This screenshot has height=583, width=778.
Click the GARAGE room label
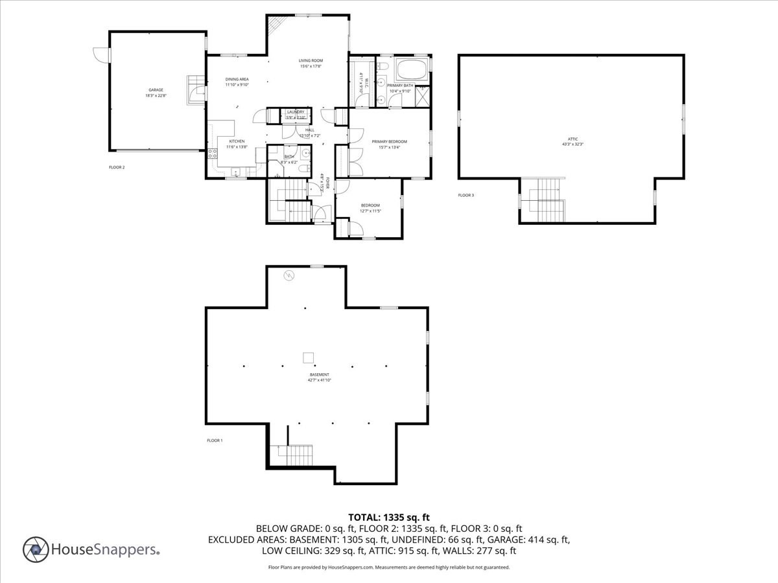coord(156,90)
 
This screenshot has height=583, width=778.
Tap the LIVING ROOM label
coord(311,60)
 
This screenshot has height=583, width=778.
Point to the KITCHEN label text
coord(236,141)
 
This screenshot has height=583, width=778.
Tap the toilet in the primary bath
coord(383,66)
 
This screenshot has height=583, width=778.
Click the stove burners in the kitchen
coord(211,154)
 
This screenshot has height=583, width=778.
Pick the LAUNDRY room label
coord(296,112)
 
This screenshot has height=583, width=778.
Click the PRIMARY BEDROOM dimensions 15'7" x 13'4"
coord(389,147)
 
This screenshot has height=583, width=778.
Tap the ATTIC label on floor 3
coord(572,139)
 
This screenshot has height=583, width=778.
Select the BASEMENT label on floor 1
coord(319,374)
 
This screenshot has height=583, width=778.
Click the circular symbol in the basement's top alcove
coord(288,276)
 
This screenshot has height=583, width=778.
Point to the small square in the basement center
coord(309,356)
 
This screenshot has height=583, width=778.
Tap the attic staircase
coord(548,198)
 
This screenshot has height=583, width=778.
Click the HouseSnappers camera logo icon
coord(36,549)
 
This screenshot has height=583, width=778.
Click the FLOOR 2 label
coord(117,167)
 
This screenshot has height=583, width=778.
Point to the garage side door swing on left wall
coord(100,55)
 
